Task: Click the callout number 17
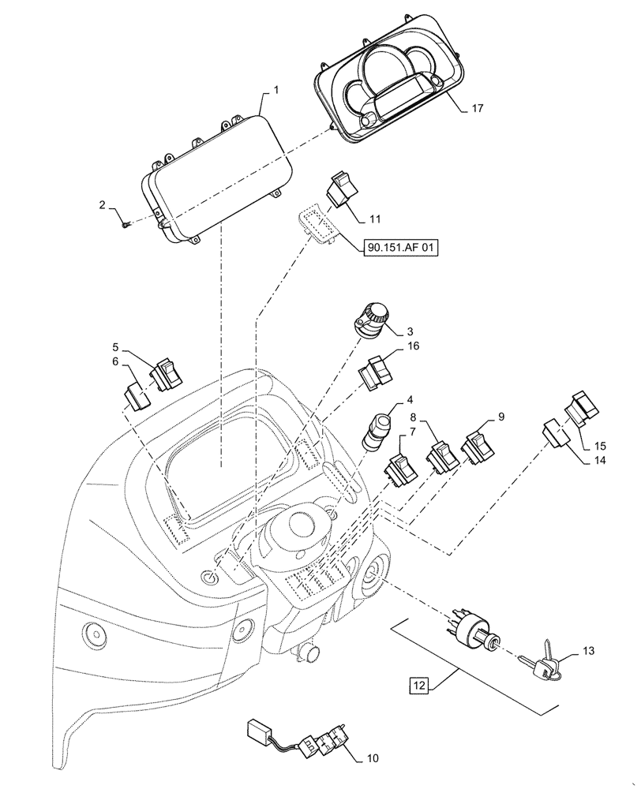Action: click(x=477, y=108)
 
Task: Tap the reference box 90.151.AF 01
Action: click(x=401, y=247)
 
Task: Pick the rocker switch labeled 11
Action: click(x=341, y=189)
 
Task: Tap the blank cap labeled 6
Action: click(x=138, y=394)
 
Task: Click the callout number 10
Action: click(x=373, y=759)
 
